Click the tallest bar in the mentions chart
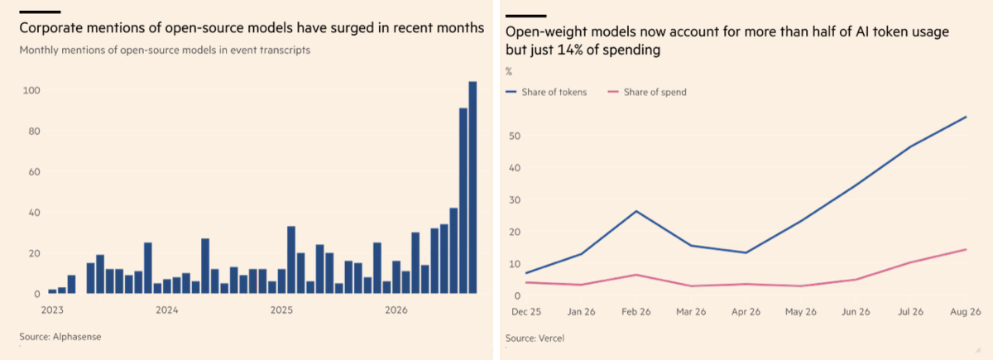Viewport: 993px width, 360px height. coord(473,187)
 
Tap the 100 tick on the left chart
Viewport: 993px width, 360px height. coord(31,90)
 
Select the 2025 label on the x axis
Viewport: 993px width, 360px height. coord(281,310)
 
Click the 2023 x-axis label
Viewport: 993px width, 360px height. coord(52,310)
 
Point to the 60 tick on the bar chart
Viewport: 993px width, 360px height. coord(34,172)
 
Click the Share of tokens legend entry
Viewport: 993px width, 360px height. coord(546,92)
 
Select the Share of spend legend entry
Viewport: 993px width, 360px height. coord(647,92)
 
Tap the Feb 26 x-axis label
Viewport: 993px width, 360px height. coord(636,312)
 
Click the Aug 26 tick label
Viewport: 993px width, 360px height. coord(966,312)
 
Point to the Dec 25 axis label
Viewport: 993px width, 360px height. coord(526,312)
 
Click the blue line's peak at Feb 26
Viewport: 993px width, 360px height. coord(636,211)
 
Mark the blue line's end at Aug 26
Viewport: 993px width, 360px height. coord(966,117)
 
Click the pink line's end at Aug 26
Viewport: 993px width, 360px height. coord(966,250)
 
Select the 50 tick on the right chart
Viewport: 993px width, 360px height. coord(515,136)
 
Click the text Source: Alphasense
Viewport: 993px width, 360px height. coord(60,337)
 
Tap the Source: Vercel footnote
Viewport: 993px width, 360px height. coord(535,338)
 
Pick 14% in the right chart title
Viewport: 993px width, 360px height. coord(569,50)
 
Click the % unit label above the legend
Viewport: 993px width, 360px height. coord(509,71)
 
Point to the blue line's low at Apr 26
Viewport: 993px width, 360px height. coord(746,252)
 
